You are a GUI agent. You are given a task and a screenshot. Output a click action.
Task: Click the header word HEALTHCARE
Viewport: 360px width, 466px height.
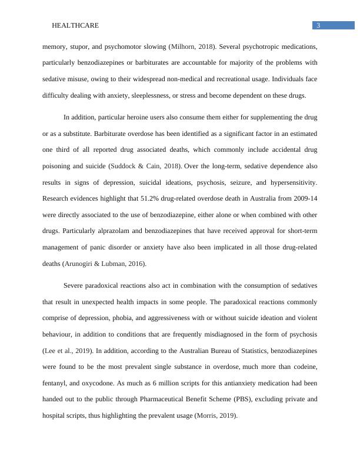pos(75,25)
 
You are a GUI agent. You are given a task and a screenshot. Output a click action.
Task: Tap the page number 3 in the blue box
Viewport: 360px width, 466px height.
pos(318,25)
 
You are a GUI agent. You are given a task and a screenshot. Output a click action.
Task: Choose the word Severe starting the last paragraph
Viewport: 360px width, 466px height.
pos(75,285)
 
